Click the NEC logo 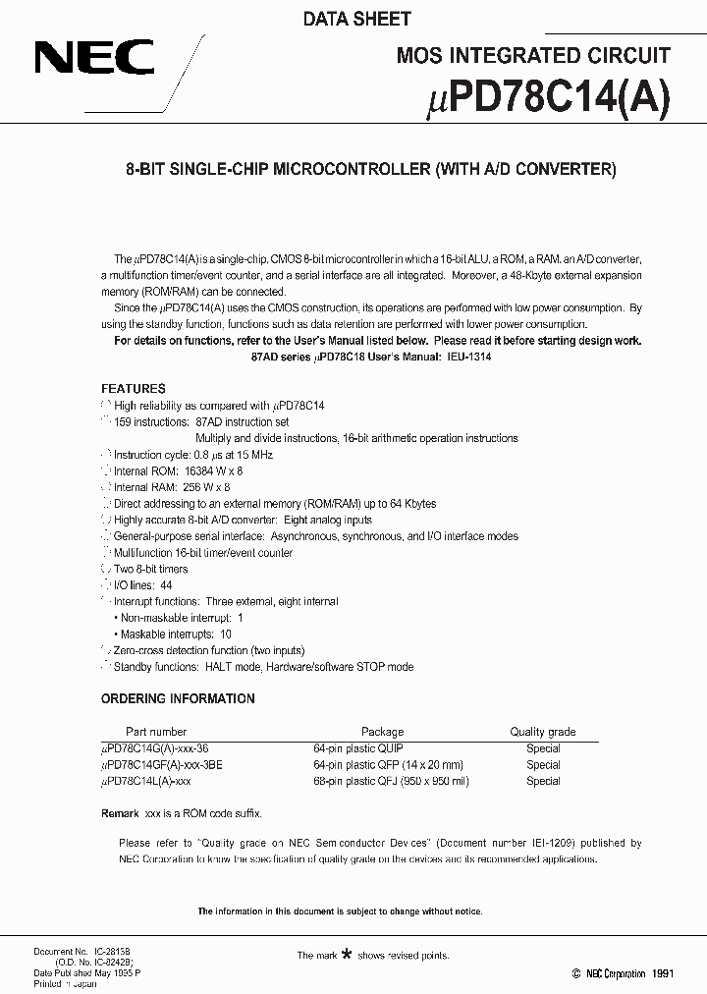point(94,58)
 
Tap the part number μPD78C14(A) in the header point(550,99)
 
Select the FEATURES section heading point(134,389)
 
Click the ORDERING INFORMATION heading point(178,698)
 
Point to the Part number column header point(155,732)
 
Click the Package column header point(382,732)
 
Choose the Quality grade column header point(542,732)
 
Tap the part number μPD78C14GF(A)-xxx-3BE point(162,764)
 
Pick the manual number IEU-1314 point(467,358)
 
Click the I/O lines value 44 point(166,584)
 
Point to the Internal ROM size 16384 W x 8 point(206,471)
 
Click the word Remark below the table point(121,814)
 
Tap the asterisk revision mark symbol point(345,953)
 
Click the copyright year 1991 point(661,973)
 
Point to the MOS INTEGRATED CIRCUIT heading point(533,56)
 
